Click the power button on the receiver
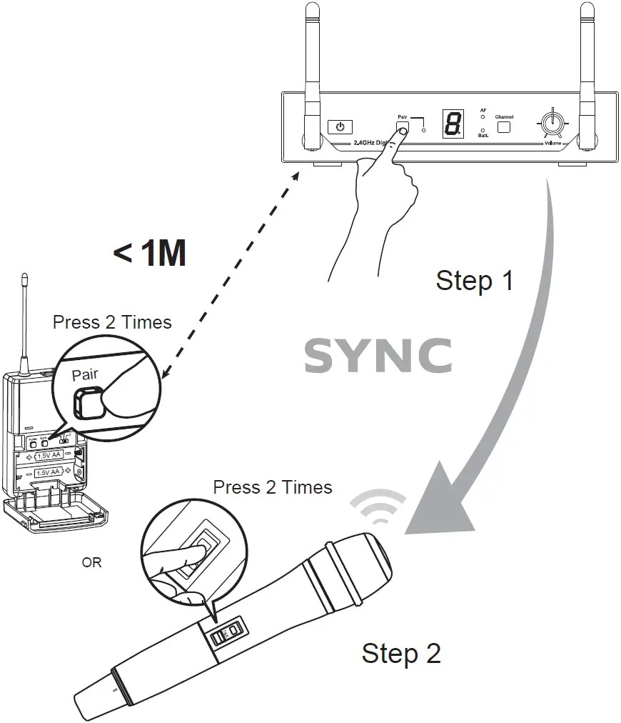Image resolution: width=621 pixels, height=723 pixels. (340, 127)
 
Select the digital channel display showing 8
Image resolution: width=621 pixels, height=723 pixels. (453, 125)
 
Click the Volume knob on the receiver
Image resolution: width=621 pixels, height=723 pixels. (550, 123)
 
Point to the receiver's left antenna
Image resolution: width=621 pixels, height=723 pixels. (312, 71)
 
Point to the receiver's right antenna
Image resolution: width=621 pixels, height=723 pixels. (587, 71)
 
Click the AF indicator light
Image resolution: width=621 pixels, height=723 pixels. (483, 116)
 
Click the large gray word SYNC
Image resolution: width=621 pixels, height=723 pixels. (378, 355)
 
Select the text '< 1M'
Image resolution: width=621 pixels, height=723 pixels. (150, 253)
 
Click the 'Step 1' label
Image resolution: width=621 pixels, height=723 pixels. (475, 280)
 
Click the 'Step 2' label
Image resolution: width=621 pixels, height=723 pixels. (401, 653)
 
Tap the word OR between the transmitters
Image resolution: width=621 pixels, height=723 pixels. (91, 563)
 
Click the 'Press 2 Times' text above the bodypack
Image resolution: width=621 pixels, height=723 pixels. (112, 322)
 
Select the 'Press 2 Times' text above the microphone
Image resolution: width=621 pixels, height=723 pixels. (273, 487)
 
